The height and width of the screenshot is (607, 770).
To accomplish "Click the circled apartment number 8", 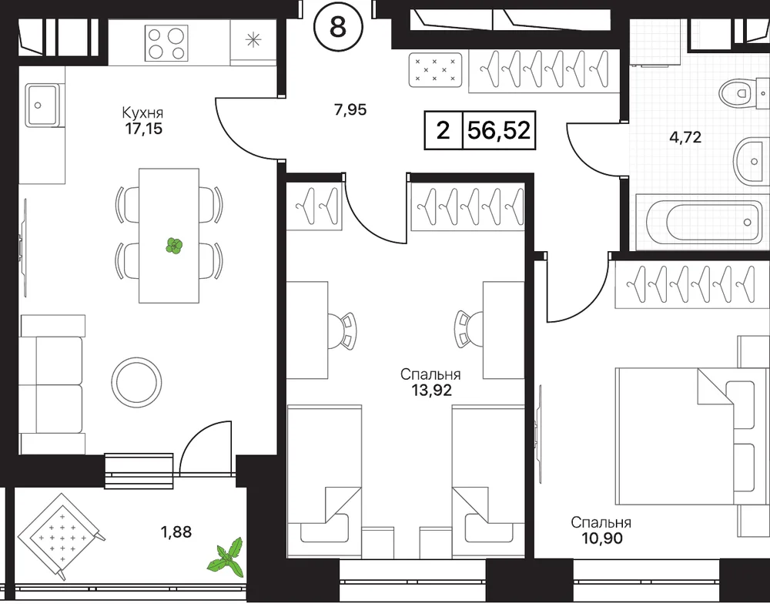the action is pyautogui.click(x=338, y=27).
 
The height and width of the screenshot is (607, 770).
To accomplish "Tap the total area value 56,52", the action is pyautogui.click(x=499, y=131).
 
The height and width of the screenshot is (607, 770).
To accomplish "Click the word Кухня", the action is pyautogui.click(x=142, y=113).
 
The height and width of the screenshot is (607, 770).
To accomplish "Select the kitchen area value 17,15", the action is pyautogui.click(x=143, y=129).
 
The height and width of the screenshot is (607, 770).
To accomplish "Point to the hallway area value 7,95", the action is pyautogui.click(x=350, y=109).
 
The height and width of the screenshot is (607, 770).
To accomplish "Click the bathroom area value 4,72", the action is pyautogui.click(x=685, y=137).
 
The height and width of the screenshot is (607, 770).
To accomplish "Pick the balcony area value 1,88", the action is pyautogui.click(x=176, y=532).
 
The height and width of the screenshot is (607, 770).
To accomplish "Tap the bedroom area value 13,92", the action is pyautogui.click(x=431, y=391).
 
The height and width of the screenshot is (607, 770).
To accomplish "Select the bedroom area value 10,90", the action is pyautogui.click(x=601, y=538).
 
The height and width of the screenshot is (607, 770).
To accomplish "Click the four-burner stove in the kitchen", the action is pyautogui.click(x=166, y=43).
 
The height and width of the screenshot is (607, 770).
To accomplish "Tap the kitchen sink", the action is pyautogui.click(x=42, y=105).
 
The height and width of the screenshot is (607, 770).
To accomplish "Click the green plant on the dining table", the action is pyautogui.click(x=174, y=246).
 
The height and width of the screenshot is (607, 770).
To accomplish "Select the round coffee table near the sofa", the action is pyautogui.click(x=136, y=381).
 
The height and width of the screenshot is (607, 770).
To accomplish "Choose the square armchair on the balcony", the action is pyautogui.click(x=61, y=536).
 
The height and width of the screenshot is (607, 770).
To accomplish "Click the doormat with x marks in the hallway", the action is pyautogui.click(x=436, y=70).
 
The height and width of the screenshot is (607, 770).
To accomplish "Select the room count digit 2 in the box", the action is pyautogui.click(x=443, y=131).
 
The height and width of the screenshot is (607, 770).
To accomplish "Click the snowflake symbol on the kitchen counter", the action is pyautogui.click(x=253, y=39).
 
